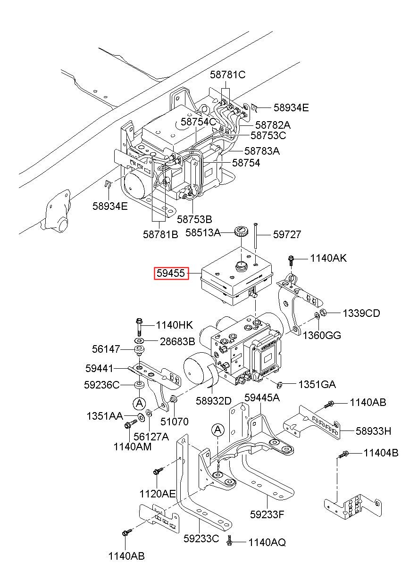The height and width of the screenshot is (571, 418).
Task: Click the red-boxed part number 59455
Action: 170,273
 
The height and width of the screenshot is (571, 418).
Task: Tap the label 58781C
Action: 227,74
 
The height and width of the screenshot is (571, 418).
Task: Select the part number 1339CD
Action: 361,313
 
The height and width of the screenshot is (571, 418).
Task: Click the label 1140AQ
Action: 267,542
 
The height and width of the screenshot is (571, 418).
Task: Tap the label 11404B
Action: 381,453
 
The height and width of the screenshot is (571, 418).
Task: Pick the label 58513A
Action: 203,232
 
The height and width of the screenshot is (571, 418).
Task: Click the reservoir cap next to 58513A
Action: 240,231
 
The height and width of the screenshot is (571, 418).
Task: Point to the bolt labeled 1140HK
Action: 139,327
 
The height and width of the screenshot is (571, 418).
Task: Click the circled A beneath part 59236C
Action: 140,403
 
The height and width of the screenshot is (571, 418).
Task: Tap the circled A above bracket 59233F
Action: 218,430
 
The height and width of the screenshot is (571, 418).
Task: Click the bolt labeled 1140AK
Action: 291,261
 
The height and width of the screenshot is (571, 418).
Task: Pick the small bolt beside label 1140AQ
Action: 229,542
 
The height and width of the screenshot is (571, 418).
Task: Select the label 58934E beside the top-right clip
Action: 291,108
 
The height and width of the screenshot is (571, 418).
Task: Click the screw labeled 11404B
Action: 343,454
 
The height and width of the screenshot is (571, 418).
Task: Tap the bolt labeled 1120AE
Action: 157,470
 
